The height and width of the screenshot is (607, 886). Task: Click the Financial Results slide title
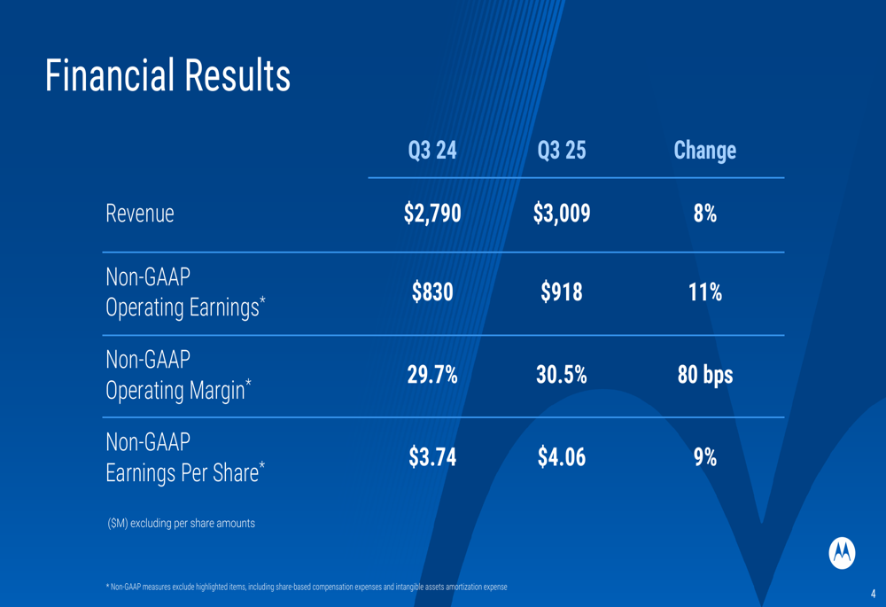click(x=167, y=76)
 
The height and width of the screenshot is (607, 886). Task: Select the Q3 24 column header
click(x=432, y=151)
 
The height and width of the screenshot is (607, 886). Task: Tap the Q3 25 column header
click(x=562, y=151)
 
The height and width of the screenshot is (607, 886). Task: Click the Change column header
click(x=704, y=151)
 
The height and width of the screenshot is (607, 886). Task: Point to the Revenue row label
click(x=140, y=214)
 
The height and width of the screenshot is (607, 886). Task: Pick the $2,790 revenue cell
click(x=432, y=214)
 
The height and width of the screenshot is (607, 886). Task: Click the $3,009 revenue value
click(x=562, y=214)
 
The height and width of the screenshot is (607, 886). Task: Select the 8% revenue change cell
click(x=704, y=214)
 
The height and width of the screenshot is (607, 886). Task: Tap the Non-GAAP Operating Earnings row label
click(x=185, y=292)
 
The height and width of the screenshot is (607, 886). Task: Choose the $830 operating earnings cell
click(x=432, y=292)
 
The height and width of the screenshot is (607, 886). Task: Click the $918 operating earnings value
click(x=562, y=292)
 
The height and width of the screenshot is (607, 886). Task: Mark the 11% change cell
click(x=704, y=292)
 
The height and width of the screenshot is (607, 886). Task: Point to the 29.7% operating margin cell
click(x=432, y=375)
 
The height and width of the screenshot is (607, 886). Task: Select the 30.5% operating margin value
click(x=562, y=375)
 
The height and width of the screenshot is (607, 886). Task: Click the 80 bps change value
click(x=704, y=375)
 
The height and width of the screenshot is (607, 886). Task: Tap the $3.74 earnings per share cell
click(x=432, y=457)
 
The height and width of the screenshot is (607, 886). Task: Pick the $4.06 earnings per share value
click(x=562, y=457)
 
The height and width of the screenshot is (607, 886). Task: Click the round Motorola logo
click(x=842, y=552)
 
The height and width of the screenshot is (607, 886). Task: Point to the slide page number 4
click(x=873, y=594)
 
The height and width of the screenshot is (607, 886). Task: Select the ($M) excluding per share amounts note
click(x=181, y=523)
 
